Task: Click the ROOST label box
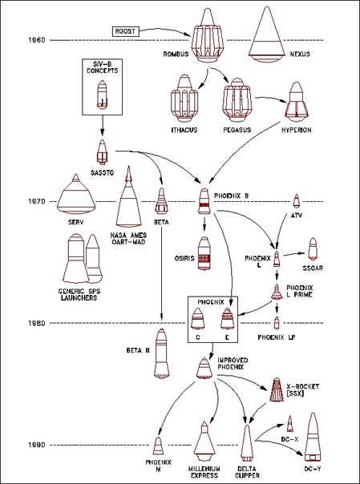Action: [x=125, y=31]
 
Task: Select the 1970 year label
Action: [x=37, y=202]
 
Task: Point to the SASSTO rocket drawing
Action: [x=102, y=152]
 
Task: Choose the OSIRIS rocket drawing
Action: [x=204, y=253]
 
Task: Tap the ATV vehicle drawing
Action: [x=296, y=201]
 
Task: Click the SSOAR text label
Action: [x=313, y=268]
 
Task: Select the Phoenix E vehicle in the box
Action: [x=227, y=318]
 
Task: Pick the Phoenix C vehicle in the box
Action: [x=197, y=318]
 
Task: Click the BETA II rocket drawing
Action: [x=161, y=353]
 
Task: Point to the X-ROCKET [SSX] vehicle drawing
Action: [x=277, y=389]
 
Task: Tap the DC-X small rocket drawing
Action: [x=289, y=424]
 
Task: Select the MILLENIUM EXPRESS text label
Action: [x=204, y=472]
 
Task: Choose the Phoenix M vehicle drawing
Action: [x=158, y=446]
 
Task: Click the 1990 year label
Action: [x=37, y=445]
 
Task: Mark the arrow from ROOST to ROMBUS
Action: [x=164, y=30]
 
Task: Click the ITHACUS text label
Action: [x=184, y=130]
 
